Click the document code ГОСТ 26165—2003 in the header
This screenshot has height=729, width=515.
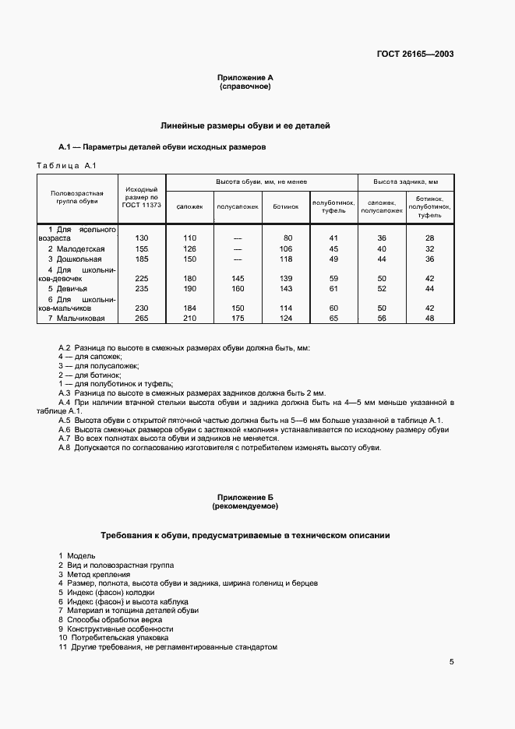[416, 55]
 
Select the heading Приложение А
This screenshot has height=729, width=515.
[245, 78]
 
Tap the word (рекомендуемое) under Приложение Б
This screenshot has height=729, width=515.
[245, 506]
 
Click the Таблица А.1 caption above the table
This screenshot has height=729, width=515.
[65, 165]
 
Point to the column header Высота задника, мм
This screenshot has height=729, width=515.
[405, 181]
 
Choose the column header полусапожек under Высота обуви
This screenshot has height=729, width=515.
[237, 206]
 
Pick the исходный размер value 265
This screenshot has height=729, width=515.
[142, 318]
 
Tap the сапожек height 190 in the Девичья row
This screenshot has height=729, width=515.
[189, 288]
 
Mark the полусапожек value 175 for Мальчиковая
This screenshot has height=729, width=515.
[237, 318]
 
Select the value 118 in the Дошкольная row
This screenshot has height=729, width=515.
[286, 259]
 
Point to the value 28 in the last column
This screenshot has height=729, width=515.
[429, 238]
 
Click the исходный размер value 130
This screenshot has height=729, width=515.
[142, 238]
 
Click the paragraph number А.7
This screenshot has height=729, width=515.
[65, 438]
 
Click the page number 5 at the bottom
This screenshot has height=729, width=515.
[451, 663]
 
